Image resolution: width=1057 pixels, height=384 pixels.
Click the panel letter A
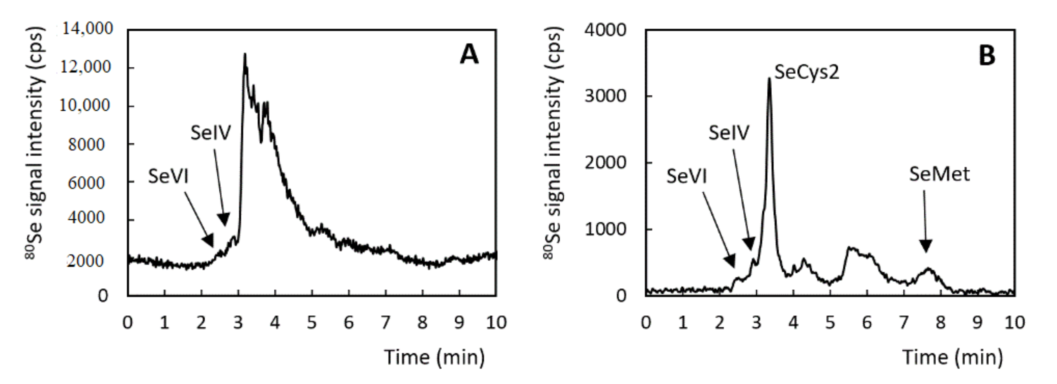point(469,55)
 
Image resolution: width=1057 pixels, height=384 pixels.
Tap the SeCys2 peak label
point(807,73)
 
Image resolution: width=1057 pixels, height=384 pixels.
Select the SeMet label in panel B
point(939,174)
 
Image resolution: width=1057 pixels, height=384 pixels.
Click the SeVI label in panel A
point(168,177)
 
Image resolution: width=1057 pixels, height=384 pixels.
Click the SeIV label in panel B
point(729,133)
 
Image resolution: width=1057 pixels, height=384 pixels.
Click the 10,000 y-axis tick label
point(85,105)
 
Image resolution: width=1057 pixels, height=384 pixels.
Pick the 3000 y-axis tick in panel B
point(606,96)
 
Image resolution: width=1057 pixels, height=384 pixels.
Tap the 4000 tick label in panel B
point(606,30)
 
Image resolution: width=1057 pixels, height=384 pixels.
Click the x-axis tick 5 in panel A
point(312,323)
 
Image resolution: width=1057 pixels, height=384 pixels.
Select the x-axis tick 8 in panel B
point(940,323)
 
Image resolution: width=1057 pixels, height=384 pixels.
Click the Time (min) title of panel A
point(434,357)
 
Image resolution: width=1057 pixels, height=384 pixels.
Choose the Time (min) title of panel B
point(952,357)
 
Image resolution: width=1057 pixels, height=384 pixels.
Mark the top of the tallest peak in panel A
point(245,54)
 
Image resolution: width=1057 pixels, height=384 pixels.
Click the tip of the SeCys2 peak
point(769,78)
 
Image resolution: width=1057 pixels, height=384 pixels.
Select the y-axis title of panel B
point(554,144)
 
